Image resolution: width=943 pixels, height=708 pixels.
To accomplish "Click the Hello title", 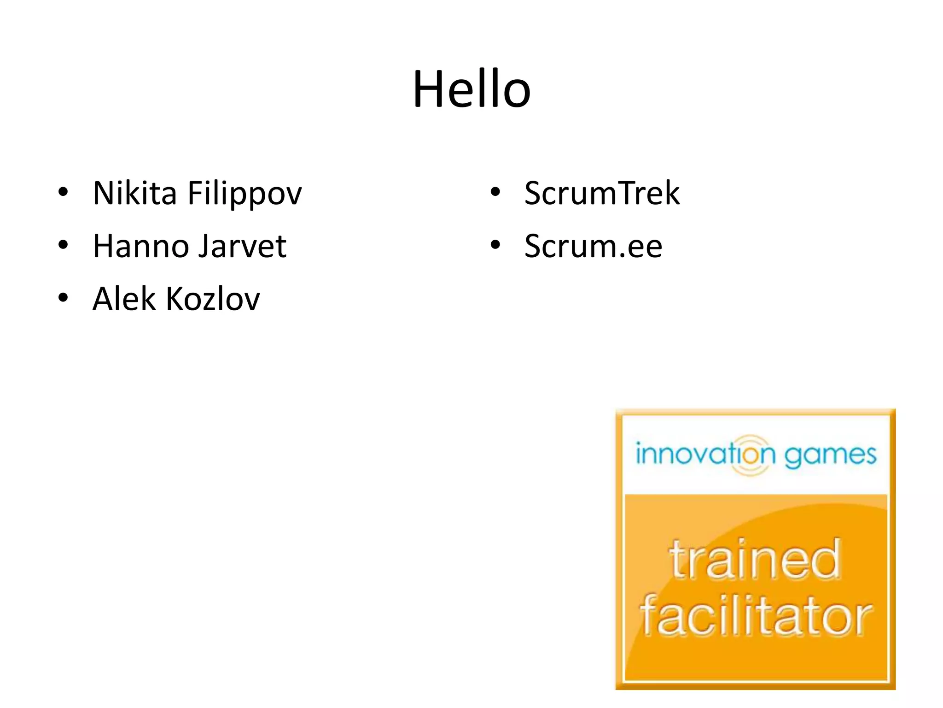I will (471, 89).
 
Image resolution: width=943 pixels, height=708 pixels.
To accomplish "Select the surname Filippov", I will (244, 194).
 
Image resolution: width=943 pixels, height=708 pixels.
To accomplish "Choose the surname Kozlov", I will (213, 299).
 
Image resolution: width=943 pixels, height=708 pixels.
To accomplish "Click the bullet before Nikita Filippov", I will (63, 192).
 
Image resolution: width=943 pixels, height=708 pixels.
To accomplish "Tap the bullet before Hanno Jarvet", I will (63, 245).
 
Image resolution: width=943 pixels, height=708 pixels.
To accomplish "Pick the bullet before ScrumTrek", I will (495, 192).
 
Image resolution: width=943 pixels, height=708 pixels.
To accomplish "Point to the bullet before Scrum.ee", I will (495, 245).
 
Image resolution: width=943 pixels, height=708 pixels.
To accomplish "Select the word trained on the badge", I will (755, 560).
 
